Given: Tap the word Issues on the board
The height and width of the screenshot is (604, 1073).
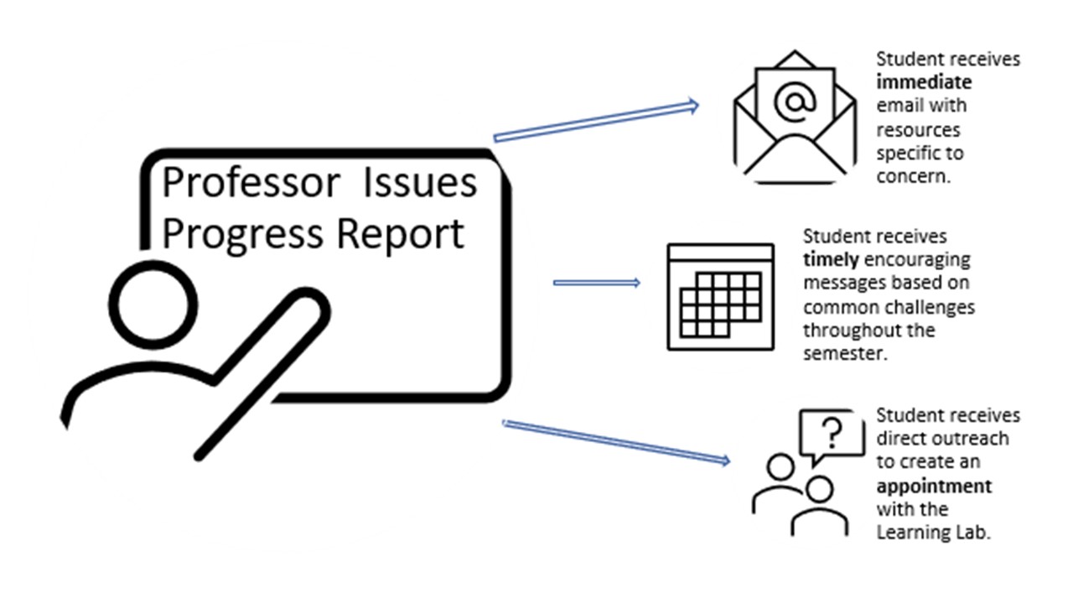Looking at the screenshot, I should coord(419,184).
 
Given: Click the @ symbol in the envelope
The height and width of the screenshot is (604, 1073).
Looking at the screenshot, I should coord(794,103).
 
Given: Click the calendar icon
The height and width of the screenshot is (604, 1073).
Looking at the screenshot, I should coord(720,297).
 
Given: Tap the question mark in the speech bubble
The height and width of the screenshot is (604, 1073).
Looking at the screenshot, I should coord(831,433).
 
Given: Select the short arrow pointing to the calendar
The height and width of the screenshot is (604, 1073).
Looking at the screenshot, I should coord(596,283).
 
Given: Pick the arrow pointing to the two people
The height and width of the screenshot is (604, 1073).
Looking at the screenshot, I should coord(615,441).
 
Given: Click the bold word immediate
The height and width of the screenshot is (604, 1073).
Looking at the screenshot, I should coord(924,82).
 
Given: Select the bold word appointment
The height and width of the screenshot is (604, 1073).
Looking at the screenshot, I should coord(934,486).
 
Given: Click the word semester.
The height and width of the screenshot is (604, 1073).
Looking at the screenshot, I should coord(844,353).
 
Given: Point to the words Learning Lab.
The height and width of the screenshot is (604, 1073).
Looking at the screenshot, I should coord(933,532).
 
